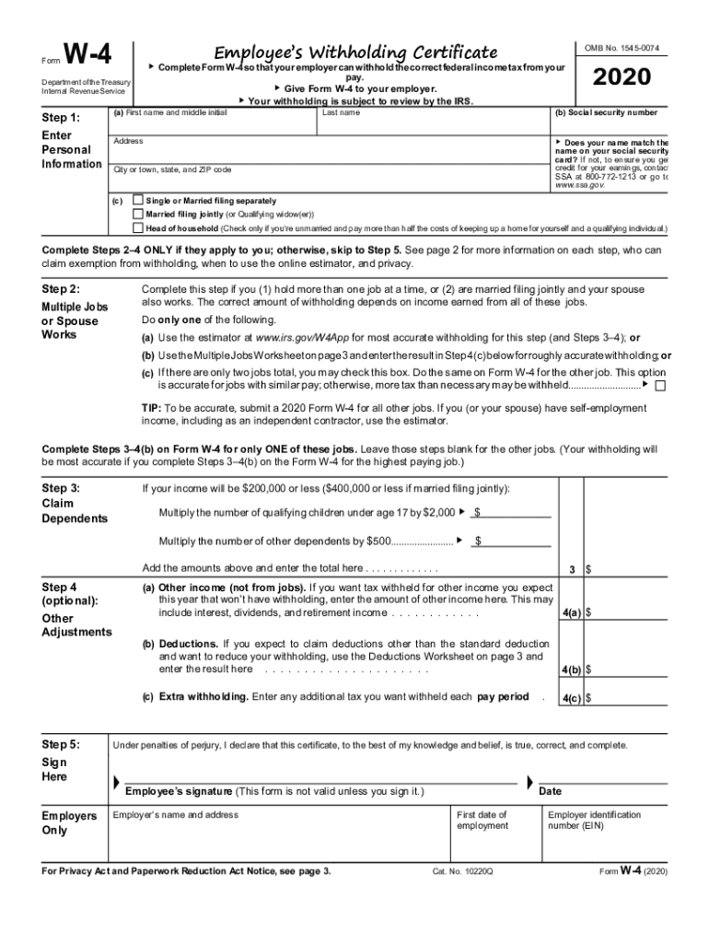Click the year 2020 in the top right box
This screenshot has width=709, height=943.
pos(622,78)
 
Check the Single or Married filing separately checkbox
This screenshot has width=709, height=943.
pos(138,200)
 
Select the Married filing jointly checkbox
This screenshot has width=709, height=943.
pos(138,214)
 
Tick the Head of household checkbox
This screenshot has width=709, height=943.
pos(138,227)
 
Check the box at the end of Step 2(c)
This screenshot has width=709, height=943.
pos(660,385)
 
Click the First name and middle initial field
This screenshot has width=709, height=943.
pos(212,123)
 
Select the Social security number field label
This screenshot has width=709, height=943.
pos(606,113)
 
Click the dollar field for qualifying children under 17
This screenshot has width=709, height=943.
pos(516,512)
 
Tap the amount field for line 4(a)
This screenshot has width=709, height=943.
pos(626,612)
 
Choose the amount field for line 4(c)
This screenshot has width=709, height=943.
pos(626,698)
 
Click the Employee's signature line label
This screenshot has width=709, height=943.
pos(274,791)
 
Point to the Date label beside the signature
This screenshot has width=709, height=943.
pos(550,791)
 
